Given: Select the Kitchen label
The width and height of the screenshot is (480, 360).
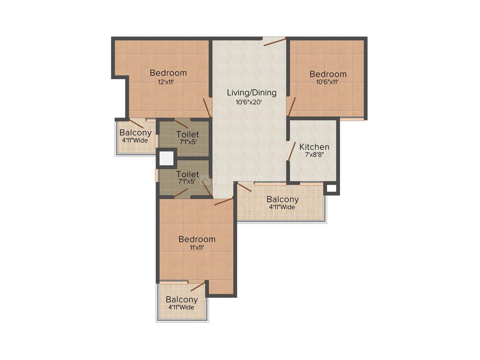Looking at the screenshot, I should click(314, 147).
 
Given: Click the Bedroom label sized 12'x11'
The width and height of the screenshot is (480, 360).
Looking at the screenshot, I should click(168, 73).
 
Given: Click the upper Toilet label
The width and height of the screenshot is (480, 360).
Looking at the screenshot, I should click(187, 134).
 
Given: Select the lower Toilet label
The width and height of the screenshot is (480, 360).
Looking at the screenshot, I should click(187, 174).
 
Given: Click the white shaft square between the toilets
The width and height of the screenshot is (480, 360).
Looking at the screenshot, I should click(166, 158).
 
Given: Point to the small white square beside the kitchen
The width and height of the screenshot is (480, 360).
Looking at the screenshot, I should click(331, 188).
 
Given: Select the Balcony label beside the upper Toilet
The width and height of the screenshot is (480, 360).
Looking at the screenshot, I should click(135, 133).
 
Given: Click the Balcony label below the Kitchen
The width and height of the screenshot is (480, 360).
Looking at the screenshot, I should click(282, 199).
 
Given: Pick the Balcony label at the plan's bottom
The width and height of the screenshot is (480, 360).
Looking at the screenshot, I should click(182, 300).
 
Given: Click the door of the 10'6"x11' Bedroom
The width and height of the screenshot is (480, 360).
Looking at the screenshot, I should click(291, 106).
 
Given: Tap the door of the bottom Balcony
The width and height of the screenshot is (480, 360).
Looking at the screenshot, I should click(197, 287).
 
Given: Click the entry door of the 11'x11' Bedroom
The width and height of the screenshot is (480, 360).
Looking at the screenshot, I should click(223, 202).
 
